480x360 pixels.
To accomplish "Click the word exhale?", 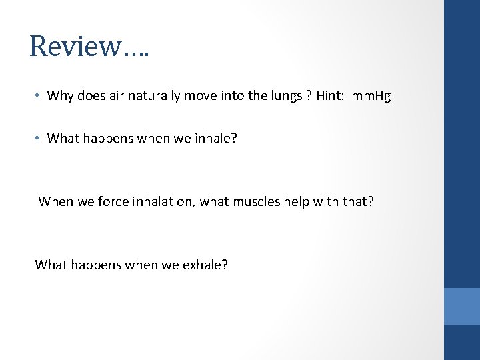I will tap(205, 265).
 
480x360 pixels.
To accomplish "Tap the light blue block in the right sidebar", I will tap(462, 306).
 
